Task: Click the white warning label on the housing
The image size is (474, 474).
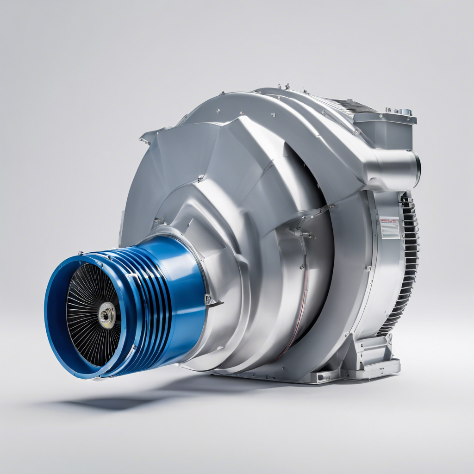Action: point(390,228)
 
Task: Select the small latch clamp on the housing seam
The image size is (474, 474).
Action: point(303,231)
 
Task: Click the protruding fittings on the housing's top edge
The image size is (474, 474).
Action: point(282,87)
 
